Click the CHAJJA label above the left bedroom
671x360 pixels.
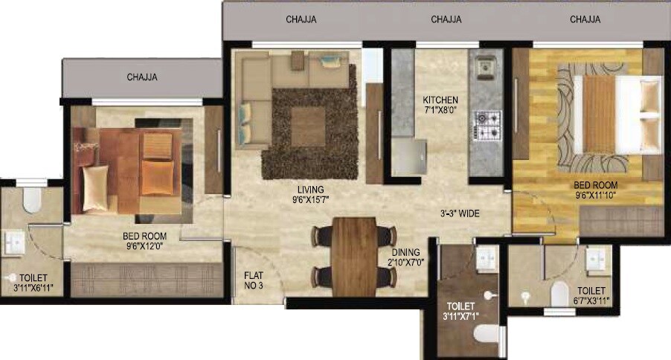[141, 77]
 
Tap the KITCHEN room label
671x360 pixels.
[440, 100]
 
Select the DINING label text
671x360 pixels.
[403, 252]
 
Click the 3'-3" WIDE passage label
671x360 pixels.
[459, 213]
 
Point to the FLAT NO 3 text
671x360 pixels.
[254, 279]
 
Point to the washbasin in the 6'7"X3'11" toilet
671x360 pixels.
[595, 258]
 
